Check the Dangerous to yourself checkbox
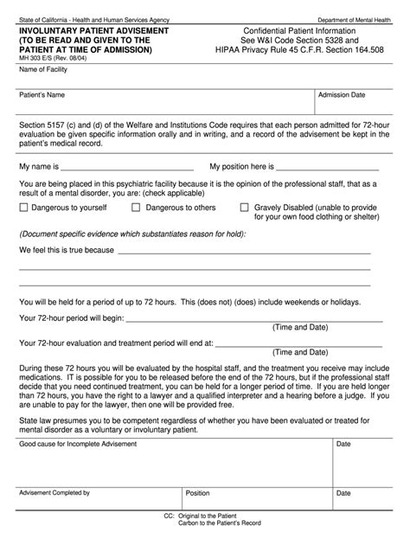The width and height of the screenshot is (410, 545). pos(24,208)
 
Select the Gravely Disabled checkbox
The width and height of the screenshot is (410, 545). pos(245,208)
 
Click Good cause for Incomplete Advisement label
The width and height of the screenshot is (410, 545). pos(72,444)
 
